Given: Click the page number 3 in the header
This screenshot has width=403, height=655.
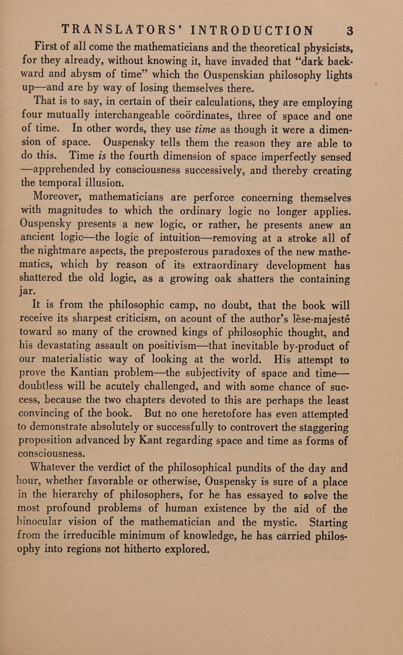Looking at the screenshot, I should [350, 31].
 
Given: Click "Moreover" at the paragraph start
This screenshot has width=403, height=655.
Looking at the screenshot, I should [57, 197].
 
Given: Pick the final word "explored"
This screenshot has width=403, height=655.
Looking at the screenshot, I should [187, 549].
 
